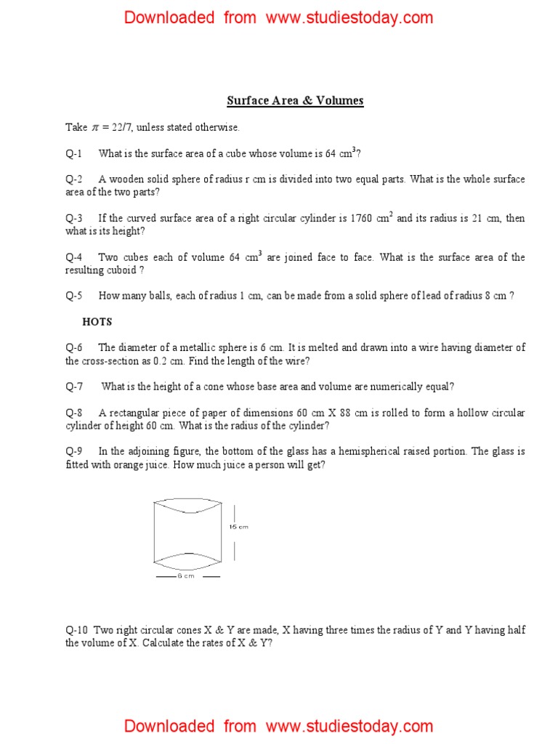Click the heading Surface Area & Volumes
point(295,101)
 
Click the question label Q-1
point(74,153)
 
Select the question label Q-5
point(74,296)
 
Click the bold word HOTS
point(97,322)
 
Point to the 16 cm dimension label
point(239,527)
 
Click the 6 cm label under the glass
point(186,576)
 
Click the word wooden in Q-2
point(126,179)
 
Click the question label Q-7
point(74,387)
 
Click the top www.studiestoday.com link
point(349,17)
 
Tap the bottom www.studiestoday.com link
point(349,726)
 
